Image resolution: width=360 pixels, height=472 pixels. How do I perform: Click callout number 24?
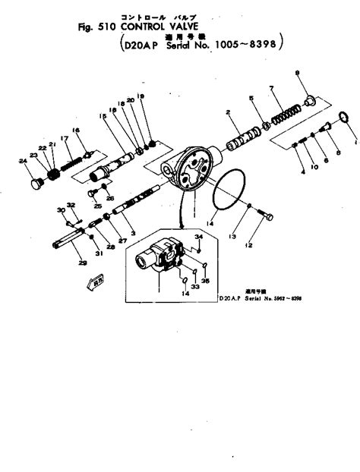click(x=23, y=161)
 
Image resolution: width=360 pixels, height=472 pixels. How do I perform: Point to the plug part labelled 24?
click(x=35, y=184)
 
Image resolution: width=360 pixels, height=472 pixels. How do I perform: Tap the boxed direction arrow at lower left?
click(x=97, y=283)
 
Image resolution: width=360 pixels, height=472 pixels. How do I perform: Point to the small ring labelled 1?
click(x=343, y=118)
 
